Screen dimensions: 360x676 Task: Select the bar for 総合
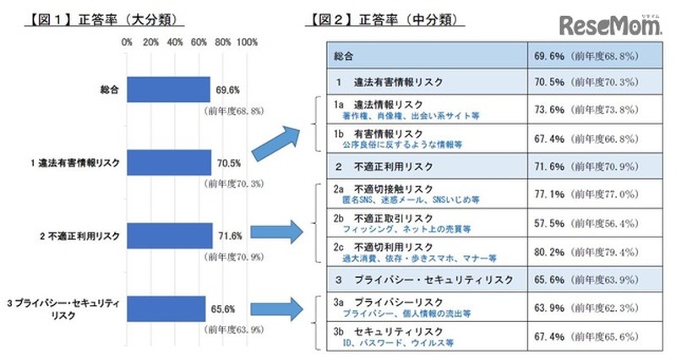[x=168, y=90]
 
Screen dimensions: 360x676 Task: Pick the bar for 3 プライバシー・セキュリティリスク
[x=166, y=308]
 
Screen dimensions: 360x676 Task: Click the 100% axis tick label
[x=248, y=41]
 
